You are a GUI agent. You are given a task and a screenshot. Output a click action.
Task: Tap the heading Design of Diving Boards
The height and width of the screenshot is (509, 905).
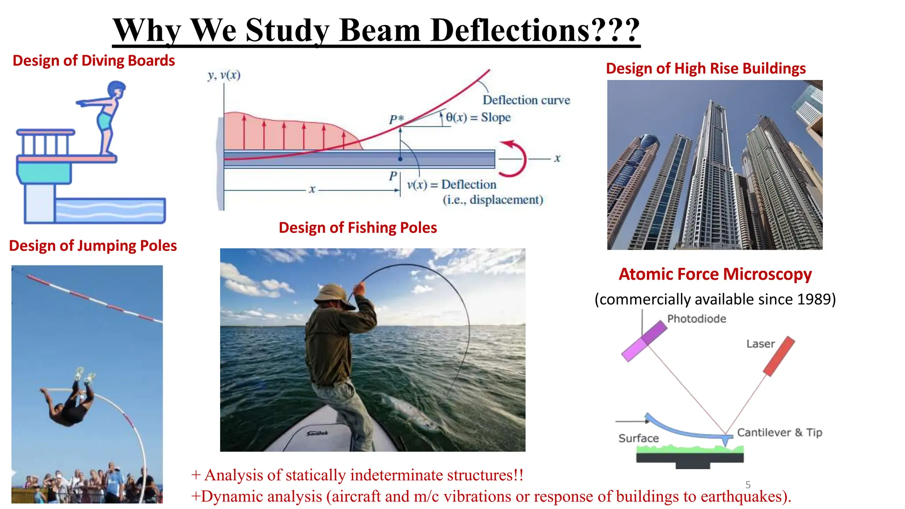pyautogui.click(x=94, y=61)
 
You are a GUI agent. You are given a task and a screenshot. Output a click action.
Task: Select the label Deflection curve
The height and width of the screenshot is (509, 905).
pyautogui.click(x=526, y=100)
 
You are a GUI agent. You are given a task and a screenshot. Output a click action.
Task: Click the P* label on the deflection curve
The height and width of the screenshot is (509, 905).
pyautogui.click(x=396, y=119)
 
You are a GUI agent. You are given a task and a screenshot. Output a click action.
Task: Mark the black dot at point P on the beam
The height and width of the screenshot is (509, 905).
pyautogui.click(x=400, y=159)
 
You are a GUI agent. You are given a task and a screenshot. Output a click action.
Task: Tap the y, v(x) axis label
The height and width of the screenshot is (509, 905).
pyautogui.click(x=224, y=75)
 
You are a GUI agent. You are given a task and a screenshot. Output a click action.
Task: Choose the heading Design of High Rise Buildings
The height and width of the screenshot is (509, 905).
pyautogui.click(x=706, y=68)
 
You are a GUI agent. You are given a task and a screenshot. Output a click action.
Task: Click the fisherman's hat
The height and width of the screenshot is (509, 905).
pyautogui.click(x=333, y=294)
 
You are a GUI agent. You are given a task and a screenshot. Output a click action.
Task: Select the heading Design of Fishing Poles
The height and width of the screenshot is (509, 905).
pyautogui.click(x=357, y=228)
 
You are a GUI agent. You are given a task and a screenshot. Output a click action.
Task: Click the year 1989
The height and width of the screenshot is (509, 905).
pyautogui.click(x=816, y=299)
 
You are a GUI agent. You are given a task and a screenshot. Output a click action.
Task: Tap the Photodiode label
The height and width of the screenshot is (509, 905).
pyautogui.click(x=696, y=319)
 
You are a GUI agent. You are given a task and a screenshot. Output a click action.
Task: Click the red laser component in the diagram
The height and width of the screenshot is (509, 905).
pyautogui.click(x=779, y=356)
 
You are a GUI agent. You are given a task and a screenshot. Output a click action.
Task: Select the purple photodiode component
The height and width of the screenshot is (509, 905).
pyautogui.click(x=644, y=341)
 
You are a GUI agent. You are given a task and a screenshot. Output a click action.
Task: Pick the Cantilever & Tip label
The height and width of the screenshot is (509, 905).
pyautogui.click(x=780, y=433)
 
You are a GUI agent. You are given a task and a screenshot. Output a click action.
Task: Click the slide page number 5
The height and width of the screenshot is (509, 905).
pyautogui.click(x=748, y=485)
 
